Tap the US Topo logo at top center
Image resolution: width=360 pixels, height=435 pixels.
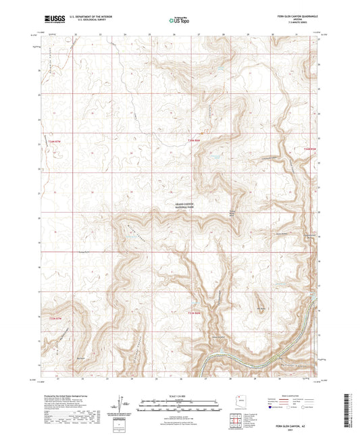click(x=180, y=21)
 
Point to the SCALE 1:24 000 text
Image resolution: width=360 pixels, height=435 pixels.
click(x=180, y=395)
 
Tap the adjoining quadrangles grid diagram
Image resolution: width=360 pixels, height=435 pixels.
click(x=236, y=421)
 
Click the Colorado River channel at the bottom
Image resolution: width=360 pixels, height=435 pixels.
click(x=223, y=358)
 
